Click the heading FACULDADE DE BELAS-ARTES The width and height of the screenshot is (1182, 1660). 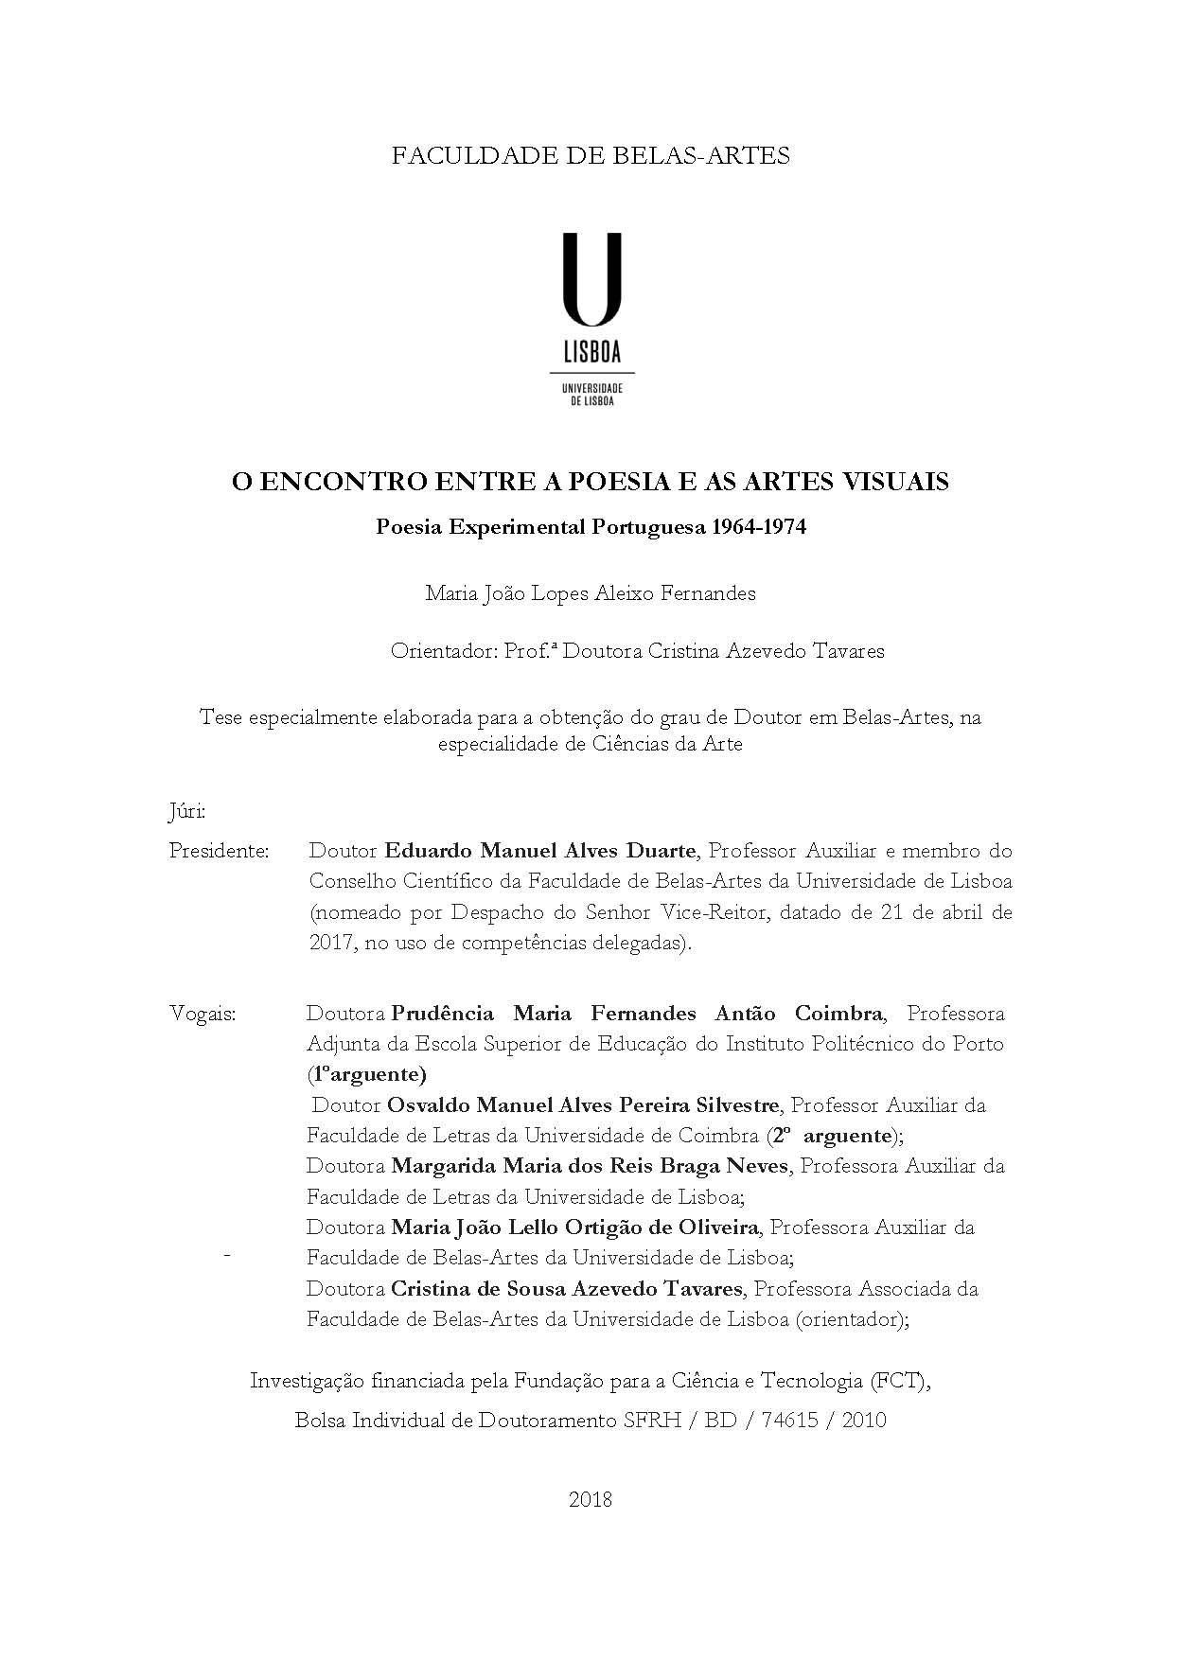(591, 155)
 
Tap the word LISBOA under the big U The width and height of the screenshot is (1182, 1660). (591, 353)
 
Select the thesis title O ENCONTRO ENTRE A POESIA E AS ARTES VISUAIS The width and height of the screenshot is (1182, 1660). (591, 482)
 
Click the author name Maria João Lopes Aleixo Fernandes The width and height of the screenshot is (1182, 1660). (591, 593)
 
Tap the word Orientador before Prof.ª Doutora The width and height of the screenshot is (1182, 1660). (436, 651)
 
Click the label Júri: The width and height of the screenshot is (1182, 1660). (186, 812)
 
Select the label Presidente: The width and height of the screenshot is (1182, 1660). (219, 851)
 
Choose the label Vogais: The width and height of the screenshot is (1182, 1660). (203, 1014)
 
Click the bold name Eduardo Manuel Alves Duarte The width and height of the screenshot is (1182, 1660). (540, 851)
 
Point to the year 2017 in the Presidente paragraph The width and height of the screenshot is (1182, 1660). (329, 944)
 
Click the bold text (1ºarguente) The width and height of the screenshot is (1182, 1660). (366, 1074)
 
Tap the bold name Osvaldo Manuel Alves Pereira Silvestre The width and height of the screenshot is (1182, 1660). (583, 1104)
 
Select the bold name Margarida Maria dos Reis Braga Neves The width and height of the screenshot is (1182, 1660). (589, 1166)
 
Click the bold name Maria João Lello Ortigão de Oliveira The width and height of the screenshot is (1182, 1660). (574, 1227)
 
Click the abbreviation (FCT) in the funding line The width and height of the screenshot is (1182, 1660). (898, 1381)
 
